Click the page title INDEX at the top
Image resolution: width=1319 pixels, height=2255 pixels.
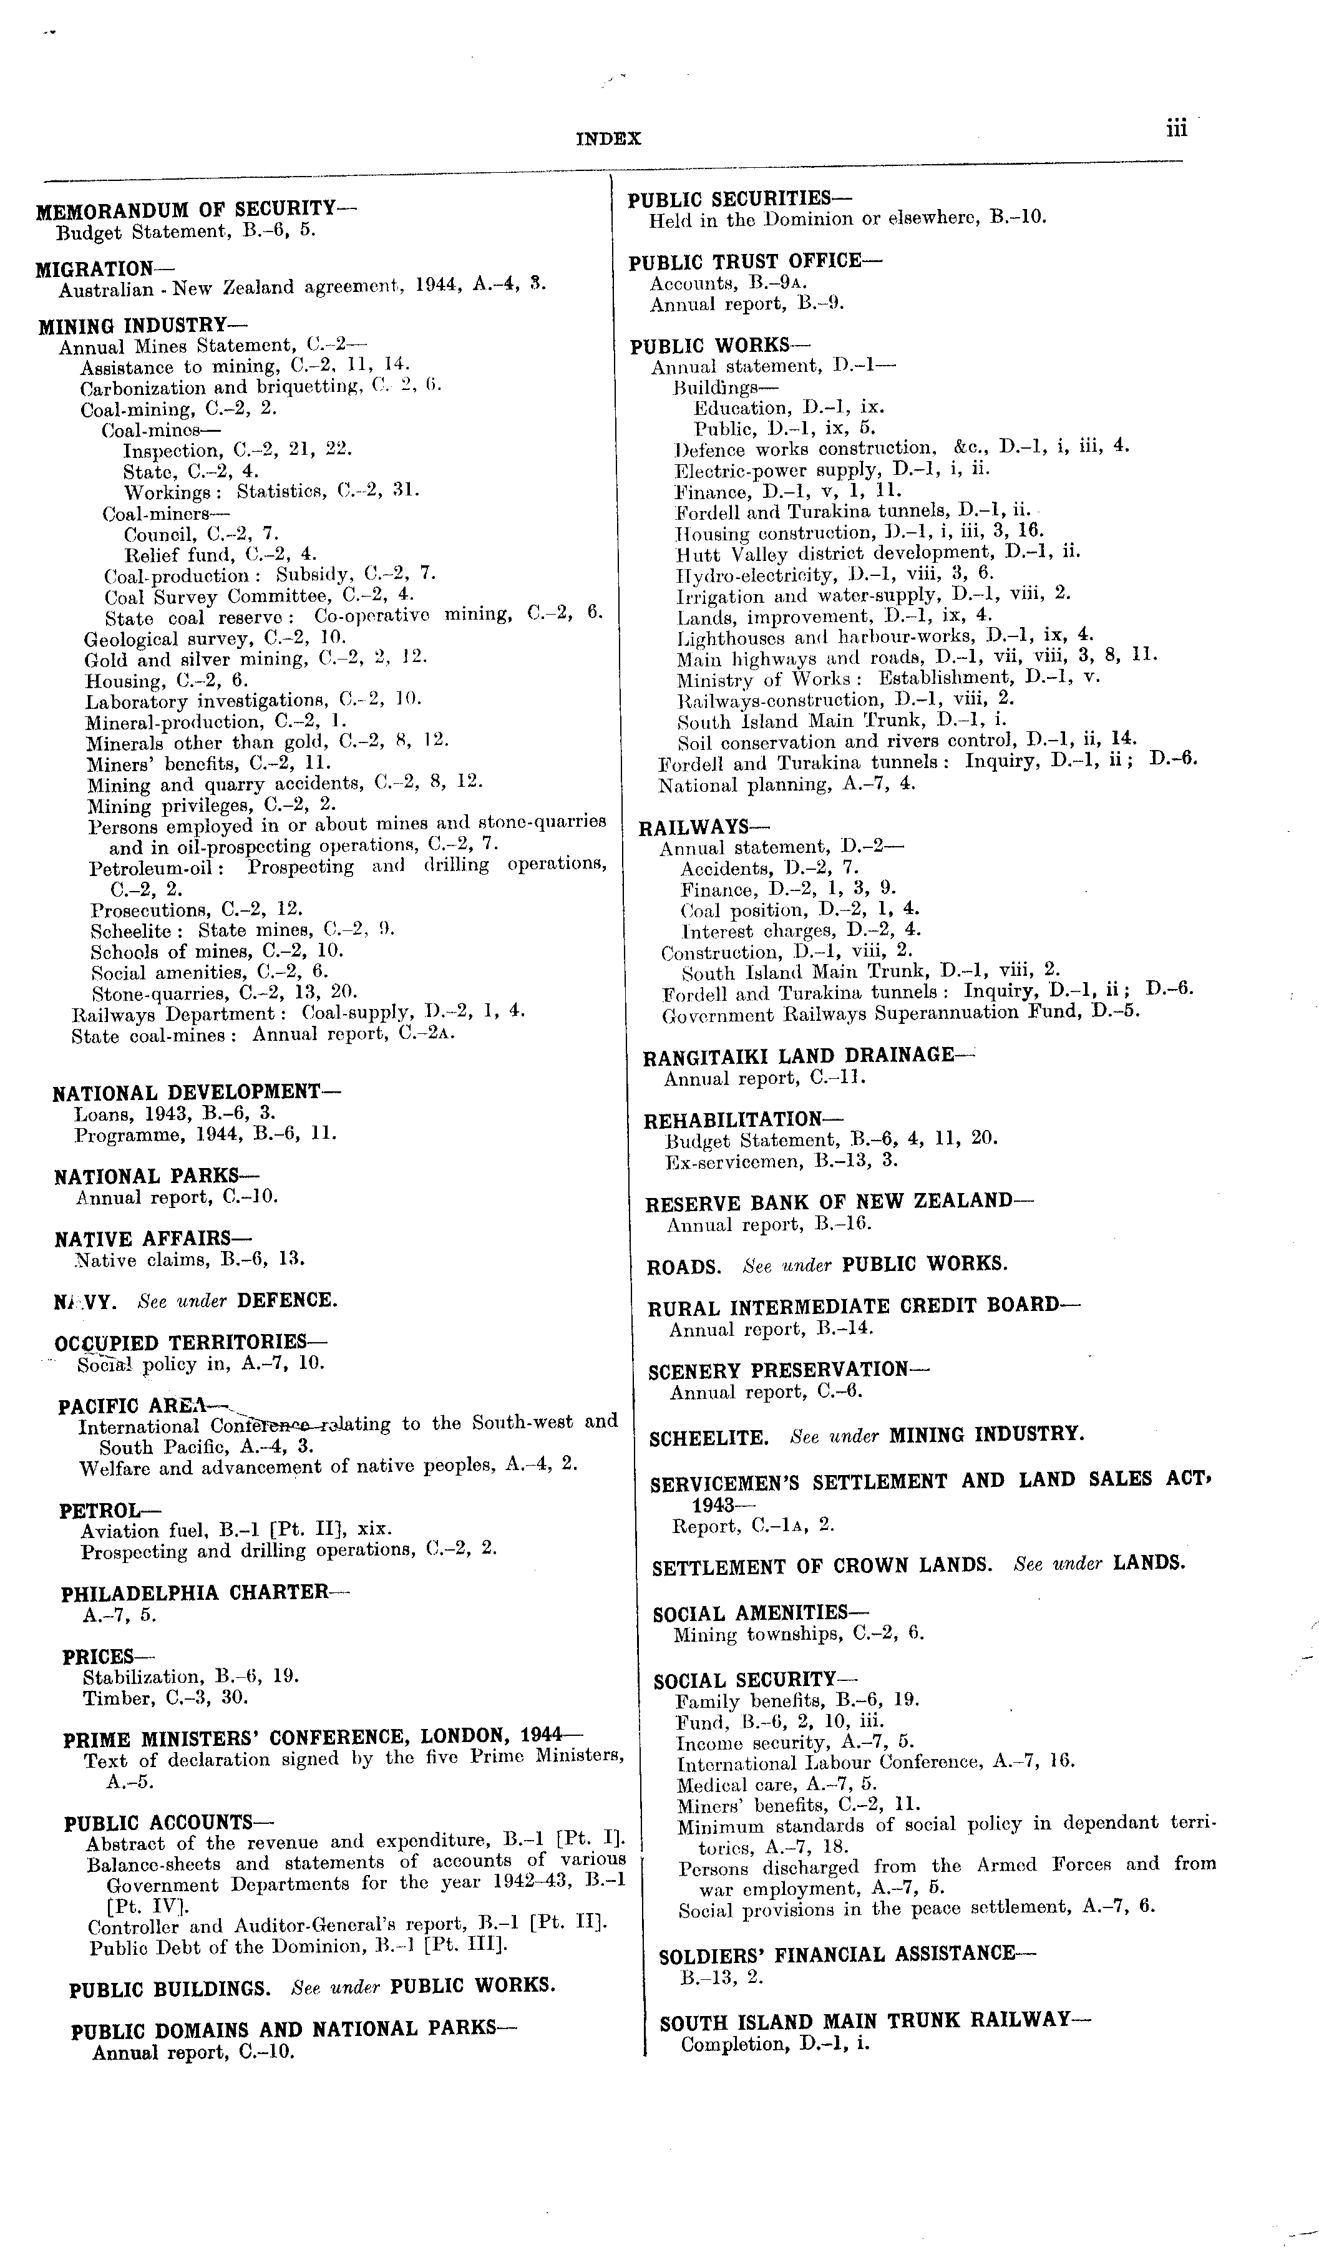(x=608, y=139)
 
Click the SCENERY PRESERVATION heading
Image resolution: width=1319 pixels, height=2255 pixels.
(x=789, y=1370)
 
